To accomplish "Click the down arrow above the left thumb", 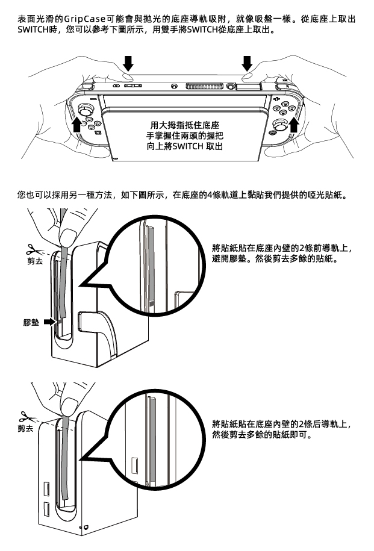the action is (x=129, y=63).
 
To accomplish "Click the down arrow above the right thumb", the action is (x=247, y=63).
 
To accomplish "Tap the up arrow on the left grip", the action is (x=76, y=125).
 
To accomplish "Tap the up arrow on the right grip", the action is (x=294, y=125).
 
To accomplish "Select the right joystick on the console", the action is (x=280, y=125).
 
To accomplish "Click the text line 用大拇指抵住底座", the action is (x=185, y=125).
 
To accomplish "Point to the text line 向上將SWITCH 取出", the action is (x=185, y=146).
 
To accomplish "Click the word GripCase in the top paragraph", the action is (x=84, y=19).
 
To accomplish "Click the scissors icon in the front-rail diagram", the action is (x=34, y=250).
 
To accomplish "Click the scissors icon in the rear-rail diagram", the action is (x=28, y=417).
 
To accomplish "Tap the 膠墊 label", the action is (x=31, y=322).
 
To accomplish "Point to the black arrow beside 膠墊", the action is (x=50, y=322).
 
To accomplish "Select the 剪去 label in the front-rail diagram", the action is (x=35, y=261).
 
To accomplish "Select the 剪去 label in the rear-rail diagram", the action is (x=26, y=428).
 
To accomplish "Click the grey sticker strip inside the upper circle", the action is (x=150, y=268).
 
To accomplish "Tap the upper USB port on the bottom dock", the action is (x=46, y=489).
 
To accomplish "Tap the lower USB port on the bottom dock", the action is (x=46, y=509).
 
